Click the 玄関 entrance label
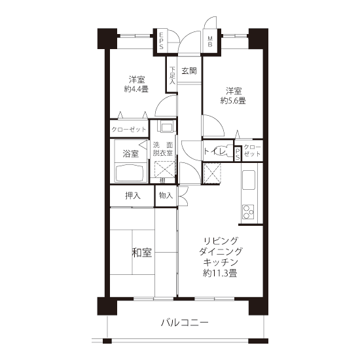[x=189, y=71]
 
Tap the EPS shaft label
[x=162, y=41]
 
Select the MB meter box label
[x=210, y=41]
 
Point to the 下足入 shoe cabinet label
[x=172, y=75]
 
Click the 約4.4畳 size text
[x=136, y=89]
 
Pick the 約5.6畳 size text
[x=233, y=100]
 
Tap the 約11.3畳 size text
[x=220, y=273]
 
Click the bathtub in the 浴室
[x=131, y=173]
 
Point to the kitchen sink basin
[x=249, y=180]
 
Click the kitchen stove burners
[x=247, y=211]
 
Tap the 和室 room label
[x=141, y=252]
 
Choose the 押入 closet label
[x=133, y=196]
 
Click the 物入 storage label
[x=166, y=196]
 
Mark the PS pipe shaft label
[x=238, y=153]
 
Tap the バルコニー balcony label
[x=185, y=323]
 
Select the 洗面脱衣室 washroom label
[x=163, y=149]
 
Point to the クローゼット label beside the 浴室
[x=129, y=130]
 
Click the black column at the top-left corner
[x=107, y=39]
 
